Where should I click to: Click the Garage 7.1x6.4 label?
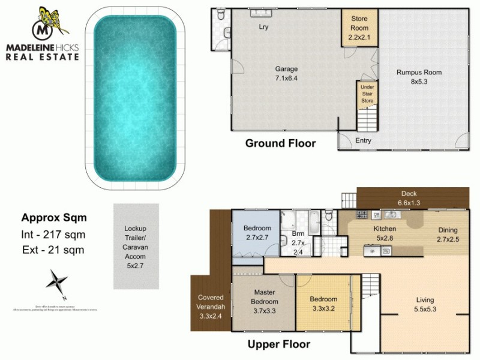(x=286, y=73)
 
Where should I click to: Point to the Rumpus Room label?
(x=419, y=77)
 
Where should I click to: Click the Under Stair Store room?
(x=367, y=94)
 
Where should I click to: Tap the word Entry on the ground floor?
(x=363, y=141)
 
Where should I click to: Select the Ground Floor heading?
(x=280, y=143)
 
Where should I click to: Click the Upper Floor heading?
(x=279, y=344)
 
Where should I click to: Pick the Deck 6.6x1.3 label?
(x=409, y=199)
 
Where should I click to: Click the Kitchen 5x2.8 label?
(x=385, y=234)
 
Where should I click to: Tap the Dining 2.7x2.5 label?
(x=447, y=235)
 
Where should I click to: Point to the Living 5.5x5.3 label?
(x=425, y=305)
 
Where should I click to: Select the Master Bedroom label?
(x=265, y=302)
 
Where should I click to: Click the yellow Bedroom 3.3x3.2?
(x=323, y=304)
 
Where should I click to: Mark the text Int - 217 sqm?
(x=53, y=234)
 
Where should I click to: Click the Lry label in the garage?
(x=263, y=28)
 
